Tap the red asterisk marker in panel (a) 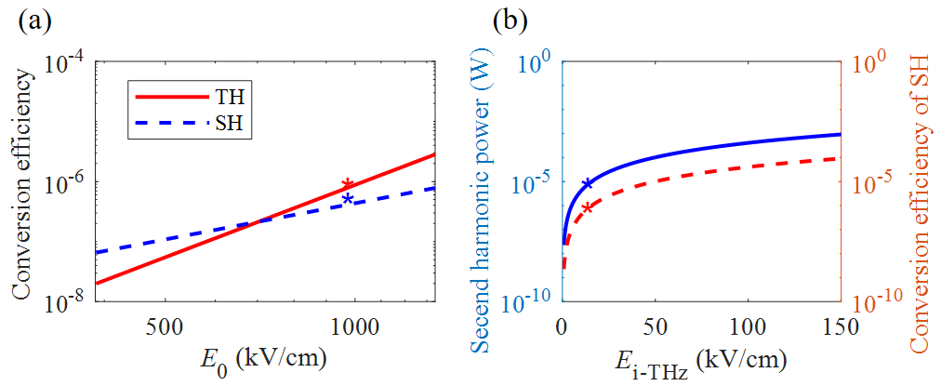coord(347,185)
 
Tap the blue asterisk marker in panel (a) coord(348,199)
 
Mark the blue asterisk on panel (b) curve coord(586,184)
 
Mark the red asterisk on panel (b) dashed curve coord(587,207)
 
